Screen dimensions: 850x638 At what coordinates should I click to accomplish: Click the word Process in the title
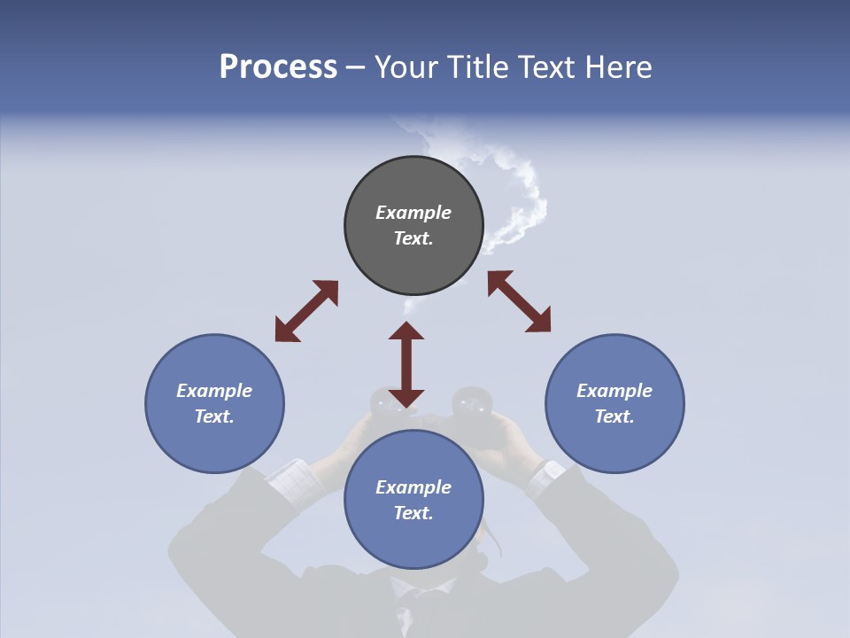[278, 67]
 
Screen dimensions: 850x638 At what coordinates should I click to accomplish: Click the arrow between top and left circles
[306, 311]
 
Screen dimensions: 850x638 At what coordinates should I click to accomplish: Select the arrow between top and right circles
[519, 301]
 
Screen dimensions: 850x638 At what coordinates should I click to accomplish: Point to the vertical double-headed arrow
[406, 364]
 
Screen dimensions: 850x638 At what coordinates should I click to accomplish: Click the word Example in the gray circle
[413, 213]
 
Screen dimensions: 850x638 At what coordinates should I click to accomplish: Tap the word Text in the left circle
[213, 416]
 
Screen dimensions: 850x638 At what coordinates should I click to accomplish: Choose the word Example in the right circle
[614, 391]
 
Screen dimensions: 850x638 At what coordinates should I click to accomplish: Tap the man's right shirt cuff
[542, 478]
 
